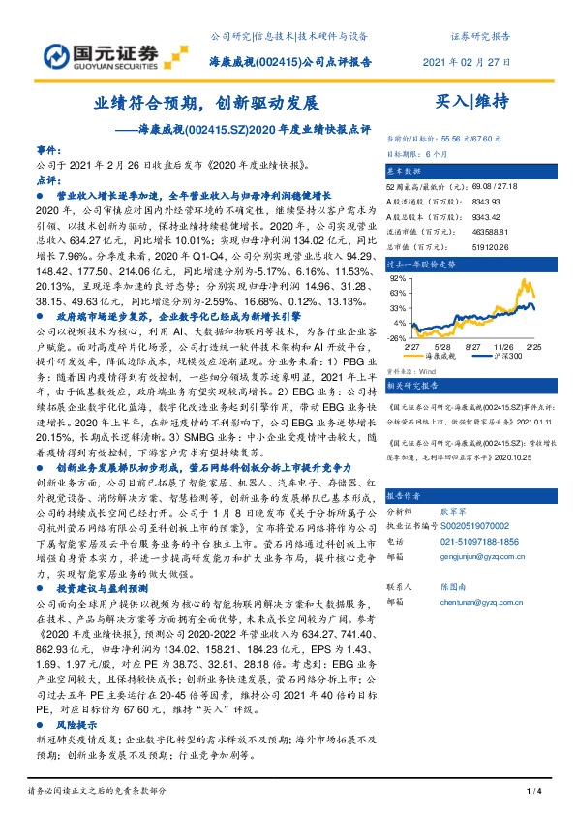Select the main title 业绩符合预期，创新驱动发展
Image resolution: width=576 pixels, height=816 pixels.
point(206,101)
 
